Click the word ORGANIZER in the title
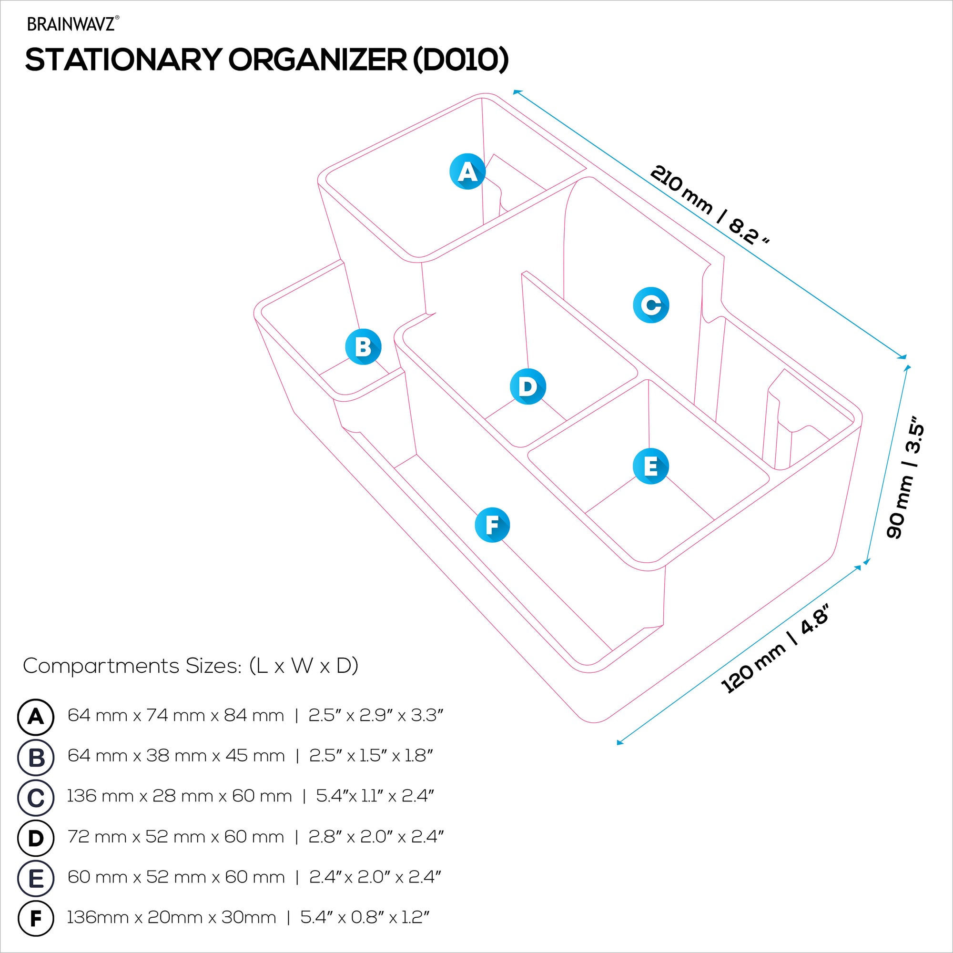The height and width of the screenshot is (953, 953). pos(318,60)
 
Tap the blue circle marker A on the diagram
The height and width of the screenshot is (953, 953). pos(467,172)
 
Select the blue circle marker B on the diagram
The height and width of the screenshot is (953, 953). pos(363,347)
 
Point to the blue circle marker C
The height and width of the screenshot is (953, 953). pos(650,305)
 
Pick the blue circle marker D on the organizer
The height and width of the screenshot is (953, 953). pos(527,386)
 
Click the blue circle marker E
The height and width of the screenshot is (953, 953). pos(650,466)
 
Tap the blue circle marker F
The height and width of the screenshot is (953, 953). pos(492,525)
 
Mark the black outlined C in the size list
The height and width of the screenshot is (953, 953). pos(36,798)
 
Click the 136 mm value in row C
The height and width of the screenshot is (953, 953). pos(100,796)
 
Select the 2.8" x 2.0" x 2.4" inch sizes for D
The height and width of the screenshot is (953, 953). pos(376,837)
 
